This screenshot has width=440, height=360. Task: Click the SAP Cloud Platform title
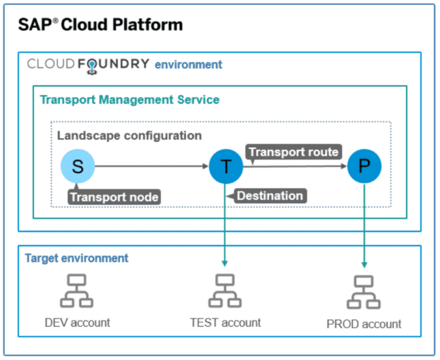tap(100, 25)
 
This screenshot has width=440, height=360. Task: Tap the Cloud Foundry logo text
tap(88, 64)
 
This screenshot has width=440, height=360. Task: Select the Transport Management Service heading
tap(129, 100)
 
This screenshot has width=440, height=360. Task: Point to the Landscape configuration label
tap(129, 136)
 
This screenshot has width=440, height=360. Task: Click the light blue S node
tap(77, 167)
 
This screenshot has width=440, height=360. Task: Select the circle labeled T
tap(226, 167)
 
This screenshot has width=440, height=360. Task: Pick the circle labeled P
tap(364, 167)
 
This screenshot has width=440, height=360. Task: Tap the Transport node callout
tap(114, 197)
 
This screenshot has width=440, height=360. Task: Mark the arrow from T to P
tap(295, 167)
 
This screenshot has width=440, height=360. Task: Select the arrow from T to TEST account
tap(226, 229)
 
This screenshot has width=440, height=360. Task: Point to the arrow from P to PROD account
tap(364, 229)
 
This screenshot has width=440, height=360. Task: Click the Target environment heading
tap(76, 258)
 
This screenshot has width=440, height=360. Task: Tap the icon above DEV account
tap(77, 291)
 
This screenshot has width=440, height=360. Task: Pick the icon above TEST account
tap(225, 291)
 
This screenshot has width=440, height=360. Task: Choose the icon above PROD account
tap(364, 292)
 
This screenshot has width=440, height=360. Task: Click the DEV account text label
tap(77, 322)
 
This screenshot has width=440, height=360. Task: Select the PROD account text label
tap(364, 324)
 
